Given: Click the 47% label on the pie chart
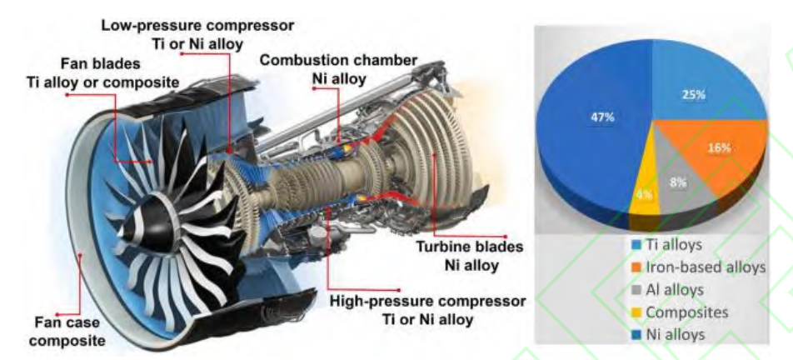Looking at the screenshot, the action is pyautogui.click(x=602, y=117).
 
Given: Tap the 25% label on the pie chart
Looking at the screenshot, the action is pyautogui.click(x=693, y=94).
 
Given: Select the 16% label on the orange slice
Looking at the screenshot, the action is pyautogui.click(x=719, y=147).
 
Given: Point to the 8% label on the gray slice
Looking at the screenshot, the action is pyautogui.click(x=678, y=182).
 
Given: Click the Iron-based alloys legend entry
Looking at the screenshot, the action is pyautogui.click(x=699, y=267).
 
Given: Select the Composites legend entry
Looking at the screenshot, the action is pyautogui.click(x=681, y=312).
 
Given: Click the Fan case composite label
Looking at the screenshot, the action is pyautogui.click(x=67, y=331).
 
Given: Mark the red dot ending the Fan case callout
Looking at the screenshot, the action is pyautogui.click(x=58, y=314).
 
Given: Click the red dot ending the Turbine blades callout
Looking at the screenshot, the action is pyautogui.click(x=506, y=236).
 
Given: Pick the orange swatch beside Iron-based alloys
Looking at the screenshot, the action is pyautogui.click(x=637, y=267).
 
